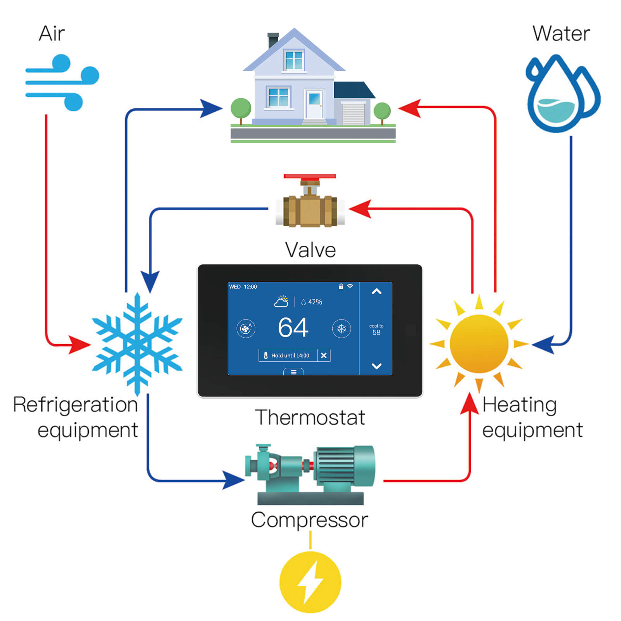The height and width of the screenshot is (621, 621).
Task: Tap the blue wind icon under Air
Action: point(62,83)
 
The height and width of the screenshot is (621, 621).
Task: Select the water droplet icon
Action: point(563,93)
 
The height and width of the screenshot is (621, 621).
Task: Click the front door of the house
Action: point(314,104)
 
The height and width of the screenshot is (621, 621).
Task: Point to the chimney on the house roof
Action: point(273,40)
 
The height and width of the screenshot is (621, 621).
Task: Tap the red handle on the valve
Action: point(310,176)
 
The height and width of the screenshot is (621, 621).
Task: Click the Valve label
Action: point(310,250)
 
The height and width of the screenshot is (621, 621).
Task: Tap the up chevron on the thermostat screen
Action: point(376,291)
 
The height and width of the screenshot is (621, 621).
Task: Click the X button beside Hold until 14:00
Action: point(324,355)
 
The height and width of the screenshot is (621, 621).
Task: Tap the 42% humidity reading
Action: point(312,302)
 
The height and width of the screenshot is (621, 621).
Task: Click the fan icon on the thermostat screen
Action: point(246,329)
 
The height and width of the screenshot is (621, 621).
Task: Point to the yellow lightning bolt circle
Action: point(310,582)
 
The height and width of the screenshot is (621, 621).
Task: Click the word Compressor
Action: point(310,520)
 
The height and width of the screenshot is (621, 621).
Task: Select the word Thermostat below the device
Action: point(310,418)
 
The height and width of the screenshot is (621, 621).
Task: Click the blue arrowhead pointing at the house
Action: point(212,108)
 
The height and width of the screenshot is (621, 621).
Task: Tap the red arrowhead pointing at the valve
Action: point(360,209)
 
